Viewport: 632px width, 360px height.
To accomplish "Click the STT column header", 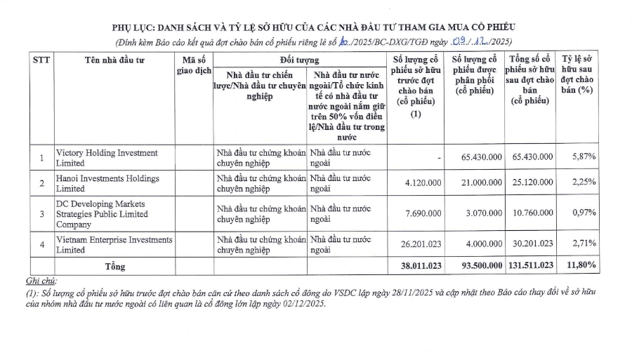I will click(41, 60).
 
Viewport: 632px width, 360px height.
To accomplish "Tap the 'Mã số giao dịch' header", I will click(194, 65).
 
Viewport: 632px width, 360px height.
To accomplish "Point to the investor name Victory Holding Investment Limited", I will click(107, 157).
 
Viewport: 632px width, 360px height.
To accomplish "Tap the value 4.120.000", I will click(419, 184).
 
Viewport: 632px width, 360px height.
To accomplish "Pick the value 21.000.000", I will click(480, 184).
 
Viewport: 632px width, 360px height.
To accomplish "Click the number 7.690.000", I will click(419, 214).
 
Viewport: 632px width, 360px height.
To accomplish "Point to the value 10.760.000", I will click(533, 214).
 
